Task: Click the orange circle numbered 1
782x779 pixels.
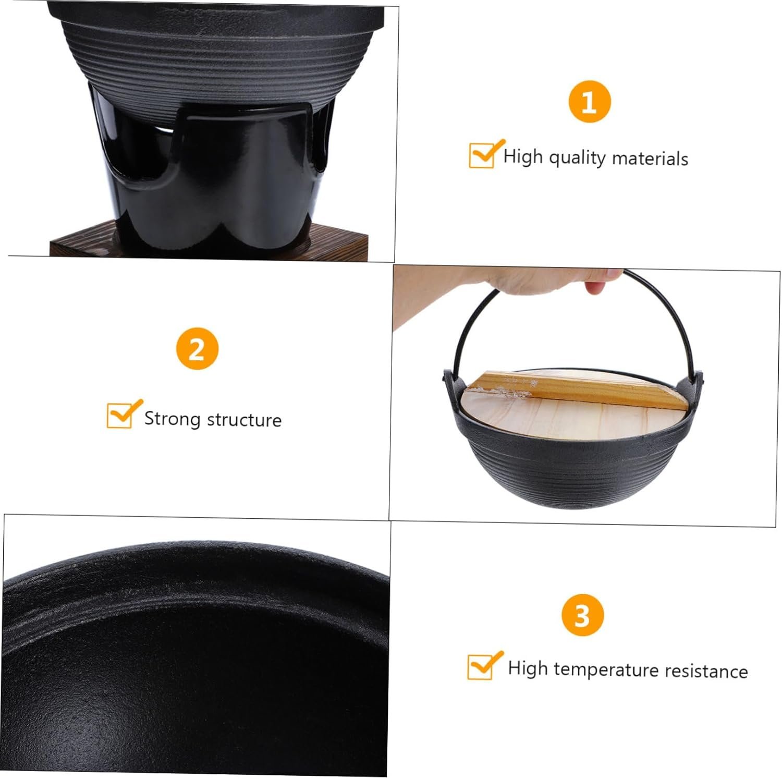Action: click(x=589, y=102)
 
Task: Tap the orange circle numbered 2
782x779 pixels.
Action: click(x=197, y=349)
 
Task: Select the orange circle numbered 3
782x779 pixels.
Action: click(x=582, y=615)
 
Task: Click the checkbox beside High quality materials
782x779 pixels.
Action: click(x=482, y=155)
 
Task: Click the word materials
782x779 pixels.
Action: click(x=650, y=159)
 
